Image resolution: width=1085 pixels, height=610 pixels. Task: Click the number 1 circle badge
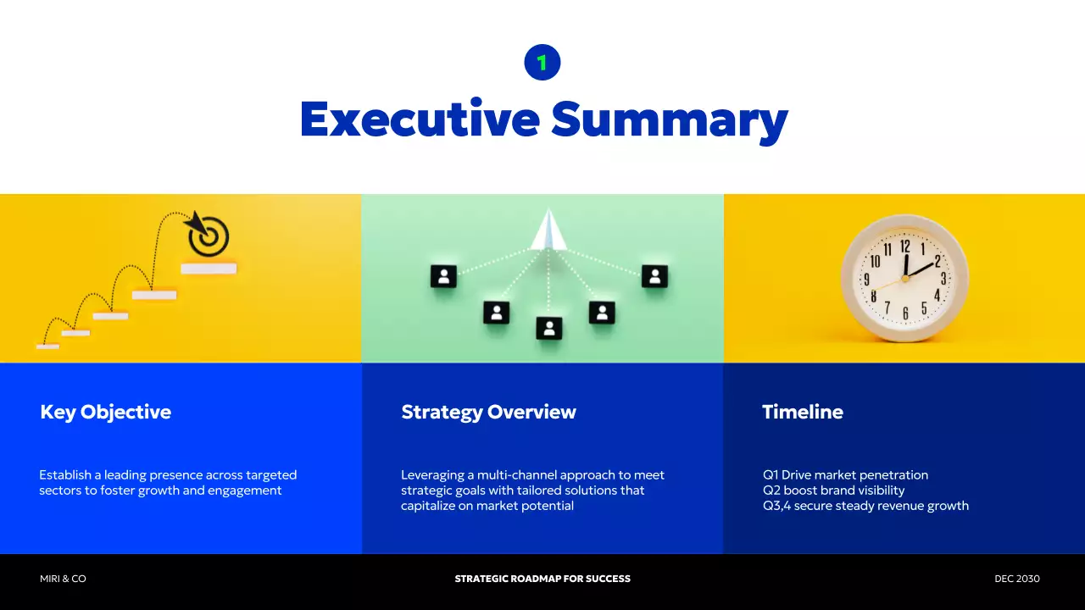[x=542, y=63]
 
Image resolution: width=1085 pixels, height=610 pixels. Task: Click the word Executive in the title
[x=420, y=119]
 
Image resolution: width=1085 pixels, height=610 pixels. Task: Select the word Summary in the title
[x=670, y=120]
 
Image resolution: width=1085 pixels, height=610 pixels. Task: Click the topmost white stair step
[x=209, y=269]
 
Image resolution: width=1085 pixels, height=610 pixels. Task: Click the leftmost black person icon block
[x=443, y=276]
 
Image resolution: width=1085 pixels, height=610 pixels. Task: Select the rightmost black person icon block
[x=654, y=276]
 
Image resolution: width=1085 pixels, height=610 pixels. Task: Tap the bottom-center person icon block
[x=549, y=328]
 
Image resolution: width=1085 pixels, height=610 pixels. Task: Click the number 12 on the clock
[x=905, y=247]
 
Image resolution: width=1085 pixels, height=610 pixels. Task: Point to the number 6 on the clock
[x=905, y=313]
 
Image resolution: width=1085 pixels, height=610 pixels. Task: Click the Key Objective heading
[x=105, y=413]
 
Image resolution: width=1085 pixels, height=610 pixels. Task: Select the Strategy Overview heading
[x=488, y=413]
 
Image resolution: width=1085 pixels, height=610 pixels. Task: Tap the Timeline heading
[x=802, y=413]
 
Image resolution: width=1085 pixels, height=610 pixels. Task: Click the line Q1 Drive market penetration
[x=845, y=475]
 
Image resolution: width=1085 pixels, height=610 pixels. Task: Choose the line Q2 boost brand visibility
[x=833, y=491]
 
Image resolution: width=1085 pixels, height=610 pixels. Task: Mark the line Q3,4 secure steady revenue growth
[x=865, y=506]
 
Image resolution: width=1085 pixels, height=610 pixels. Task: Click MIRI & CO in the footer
[x=63, y=579]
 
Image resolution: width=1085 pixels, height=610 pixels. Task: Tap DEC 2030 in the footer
[x=1016, y=579]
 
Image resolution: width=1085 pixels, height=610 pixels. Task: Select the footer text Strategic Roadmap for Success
[x=542, y=579]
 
